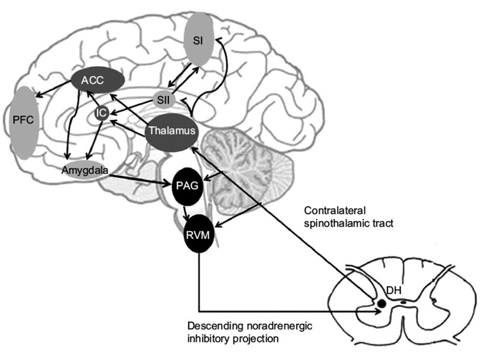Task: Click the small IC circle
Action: click(102, 114)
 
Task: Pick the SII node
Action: click(164, 98)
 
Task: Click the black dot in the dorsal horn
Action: click(381, 304)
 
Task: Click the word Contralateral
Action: click(334, 211)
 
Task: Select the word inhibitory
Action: click(206, 339)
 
